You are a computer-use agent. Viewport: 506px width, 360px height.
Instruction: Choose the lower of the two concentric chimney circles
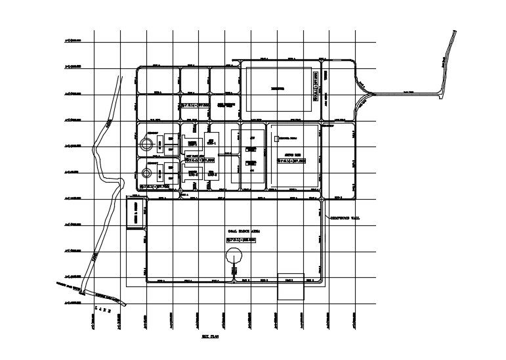146,173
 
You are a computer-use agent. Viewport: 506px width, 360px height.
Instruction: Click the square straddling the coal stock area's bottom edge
291,286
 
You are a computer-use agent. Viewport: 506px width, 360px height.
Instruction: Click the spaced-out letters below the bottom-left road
104,309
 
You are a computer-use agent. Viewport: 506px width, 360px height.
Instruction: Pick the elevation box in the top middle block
195,105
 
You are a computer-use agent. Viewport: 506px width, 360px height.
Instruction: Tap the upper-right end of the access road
455,32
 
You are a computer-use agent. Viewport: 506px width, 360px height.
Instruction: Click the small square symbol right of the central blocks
276,139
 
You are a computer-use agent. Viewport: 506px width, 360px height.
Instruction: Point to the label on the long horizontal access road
408,93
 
